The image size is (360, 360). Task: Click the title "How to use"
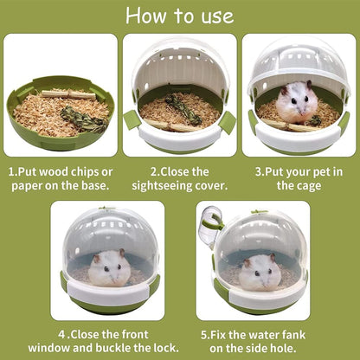click(180, 16)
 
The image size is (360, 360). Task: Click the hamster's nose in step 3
click(299, 110)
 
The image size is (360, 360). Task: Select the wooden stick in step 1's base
click(68, 94)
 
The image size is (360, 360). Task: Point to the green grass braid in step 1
click(84, 119)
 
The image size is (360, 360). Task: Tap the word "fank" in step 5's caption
click(293, 335)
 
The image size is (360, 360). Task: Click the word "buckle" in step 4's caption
click(113, 348)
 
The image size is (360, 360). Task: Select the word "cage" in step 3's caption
click(309, 186)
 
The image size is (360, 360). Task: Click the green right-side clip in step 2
click(227, 122)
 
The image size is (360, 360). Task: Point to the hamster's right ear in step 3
click(309, 85)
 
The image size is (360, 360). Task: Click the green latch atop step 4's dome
click(107, 208)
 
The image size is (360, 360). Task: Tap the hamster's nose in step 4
click(112, 279)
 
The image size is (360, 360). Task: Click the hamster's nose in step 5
click(262, 281)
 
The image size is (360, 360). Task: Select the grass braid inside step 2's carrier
click(183, 109)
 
